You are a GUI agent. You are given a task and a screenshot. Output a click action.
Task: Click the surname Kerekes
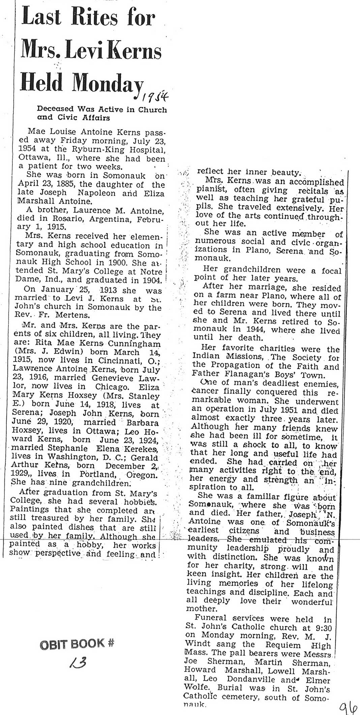138,449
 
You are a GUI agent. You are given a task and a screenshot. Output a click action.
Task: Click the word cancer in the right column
205,392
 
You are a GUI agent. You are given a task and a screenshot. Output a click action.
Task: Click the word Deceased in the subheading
55,109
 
